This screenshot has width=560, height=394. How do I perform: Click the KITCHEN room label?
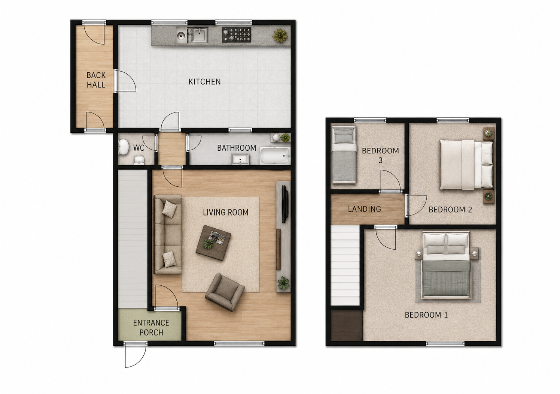[x=204, y=82]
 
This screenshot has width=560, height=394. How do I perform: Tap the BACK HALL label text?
[x=96, y=80]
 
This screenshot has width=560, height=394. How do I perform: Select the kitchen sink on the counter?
[x=192, y=35]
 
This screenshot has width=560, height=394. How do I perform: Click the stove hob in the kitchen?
[x=237, y=34]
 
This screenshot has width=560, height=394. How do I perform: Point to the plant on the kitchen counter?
[x=280, y=36]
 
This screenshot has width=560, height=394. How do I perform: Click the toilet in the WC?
[x=123, y=147]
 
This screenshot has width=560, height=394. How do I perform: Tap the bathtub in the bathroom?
[x=275, y=156]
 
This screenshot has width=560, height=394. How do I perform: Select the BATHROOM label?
[x=237, y=148]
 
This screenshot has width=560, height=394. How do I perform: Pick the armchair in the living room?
[x=225, y=292]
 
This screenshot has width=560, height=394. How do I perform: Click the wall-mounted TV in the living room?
[x=285, y=204]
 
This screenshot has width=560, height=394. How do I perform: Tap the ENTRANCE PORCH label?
[x=151, y=327]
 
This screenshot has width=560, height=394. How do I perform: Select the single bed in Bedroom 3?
[x=344, y=154]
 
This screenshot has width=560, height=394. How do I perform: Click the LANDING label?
[x=365, y=209]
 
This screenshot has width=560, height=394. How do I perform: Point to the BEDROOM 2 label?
[x=450, y=210]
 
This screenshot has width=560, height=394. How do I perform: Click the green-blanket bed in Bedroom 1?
[x=447, y=265]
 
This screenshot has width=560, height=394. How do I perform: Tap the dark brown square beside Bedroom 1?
[x=347, y=326]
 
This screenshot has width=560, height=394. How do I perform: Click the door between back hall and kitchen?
[x=125, y=81]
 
